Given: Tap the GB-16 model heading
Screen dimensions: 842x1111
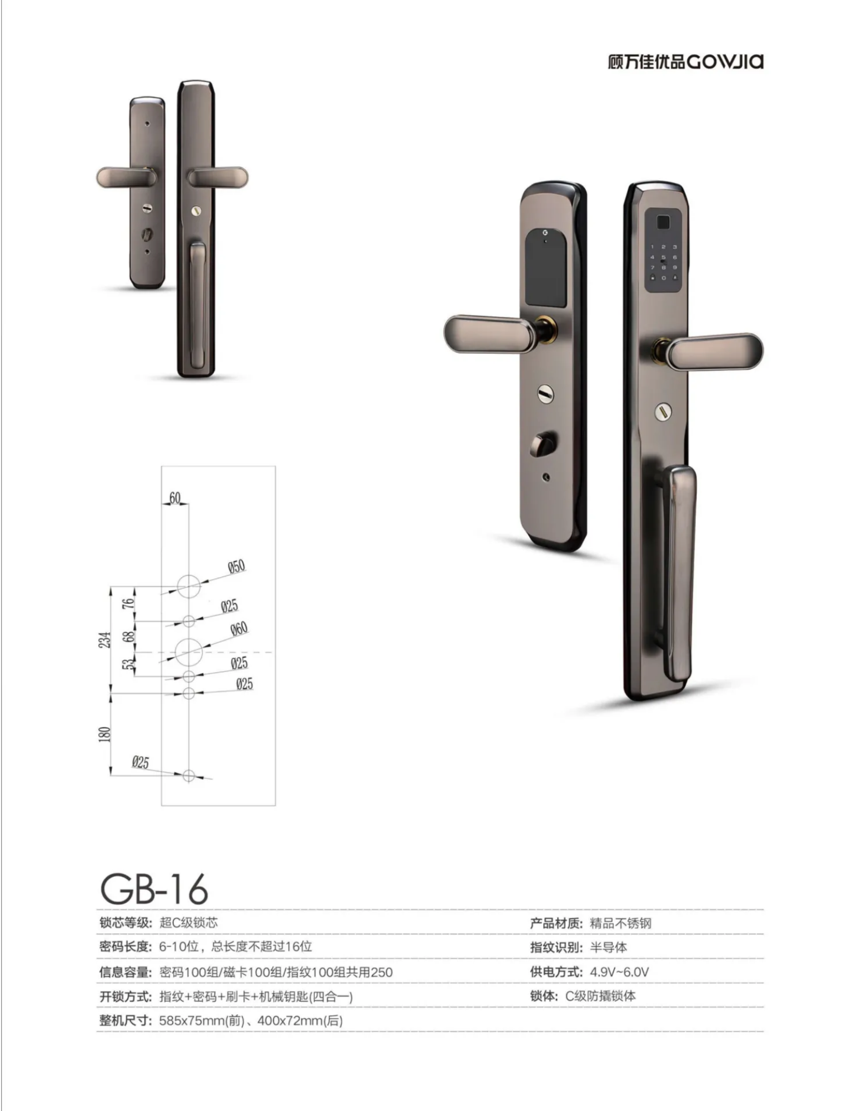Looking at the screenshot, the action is tap(154, 889).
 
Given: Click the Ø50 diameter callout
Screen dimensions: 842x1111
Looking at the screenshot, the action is tap(237, 567).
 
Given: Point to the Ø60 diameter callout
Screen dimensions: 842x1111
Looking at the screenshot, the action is tap(239, 629).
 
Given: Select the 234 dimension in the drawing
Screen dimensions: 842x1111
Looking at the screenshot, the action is tap(105, 640).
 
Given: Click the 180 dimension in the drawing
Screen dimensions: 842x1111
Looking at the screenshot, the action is tap(104, 734).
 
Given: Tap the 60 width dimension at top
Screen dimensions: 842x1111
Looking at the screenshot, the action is tap(175, 498).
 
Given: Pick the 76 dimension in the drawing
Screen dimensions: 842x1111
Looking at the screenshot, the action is tap(128, 603).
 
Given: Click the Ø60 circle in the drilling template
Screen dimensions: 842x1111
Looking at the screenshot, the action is tap(188, 652).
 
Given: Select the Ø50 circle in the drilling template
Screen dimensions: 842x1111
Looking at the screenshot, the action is tap(188, 586).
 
